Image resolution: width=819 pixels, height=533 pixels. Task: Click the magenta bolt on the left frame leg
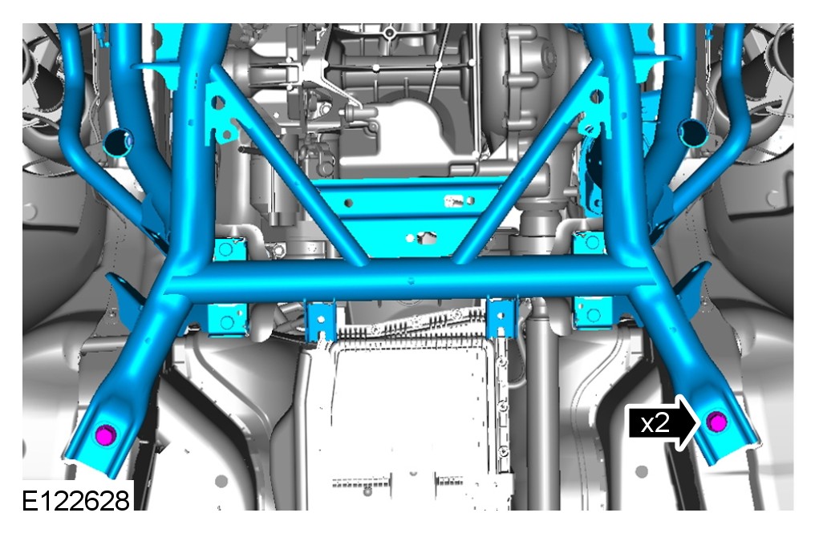pyautogui.click(x=106, y=435)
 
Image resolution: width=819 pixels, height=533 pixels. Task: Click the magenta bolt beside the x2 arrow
pyautogui.click(x=716, y=422)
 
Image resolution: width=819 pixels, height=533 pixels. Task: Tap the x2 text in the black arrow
pyautogui.click(x=655, y=422)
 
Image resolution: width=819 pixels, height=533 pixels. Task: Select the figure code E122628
pyautogui.click(x=75, y=501)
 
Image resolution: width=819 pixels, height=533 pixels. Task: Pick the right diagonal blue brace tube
pyautogui.click(x=529, y=162)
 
